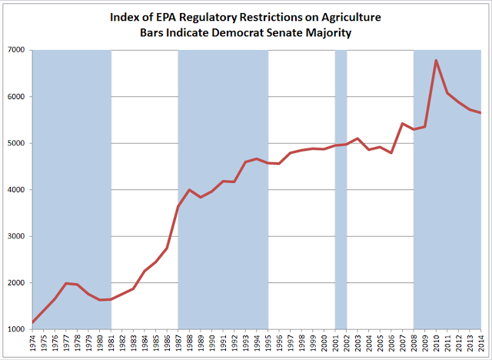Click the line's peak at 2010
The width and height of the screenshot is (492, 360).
click(436, 60)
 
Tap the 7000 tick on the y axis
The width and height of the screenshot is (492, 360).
click(15, 50)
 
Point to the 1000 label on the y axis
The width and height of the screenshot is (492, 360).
click(15, 329)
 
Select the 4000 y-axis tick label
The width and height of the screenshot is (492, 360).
click(15, 189)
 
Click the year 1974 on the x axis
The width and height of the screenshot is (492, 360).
click(32, 343)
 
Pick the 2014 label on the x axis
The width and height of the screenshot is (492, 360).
click(480, 343)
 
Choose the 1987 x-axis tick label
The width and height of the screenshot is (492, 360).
click(178, 343)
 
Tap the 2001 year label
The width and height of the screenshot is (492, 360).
click(335, 343)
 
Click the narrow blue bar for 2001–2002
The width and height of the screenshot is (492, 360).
click(341, 189)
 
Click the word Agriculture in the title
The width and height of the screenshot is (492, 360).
click(351, 18)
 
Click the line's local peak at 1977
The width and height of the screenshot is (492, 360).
click(66, 283)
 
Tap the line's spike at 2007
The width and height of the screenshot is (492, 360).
click(402, 123)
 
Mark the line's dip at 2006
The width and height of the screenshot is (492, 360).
click(391, 153)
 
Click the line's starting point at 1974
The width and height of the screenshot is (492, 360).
click(33, 322)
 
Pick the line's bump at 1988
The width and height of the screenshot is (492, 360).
click(189, 189)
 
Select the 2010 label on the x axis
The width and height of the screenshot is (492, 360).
click(436, 343)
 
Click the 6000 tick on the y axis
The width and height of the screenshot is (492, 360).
click(15, 97)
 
